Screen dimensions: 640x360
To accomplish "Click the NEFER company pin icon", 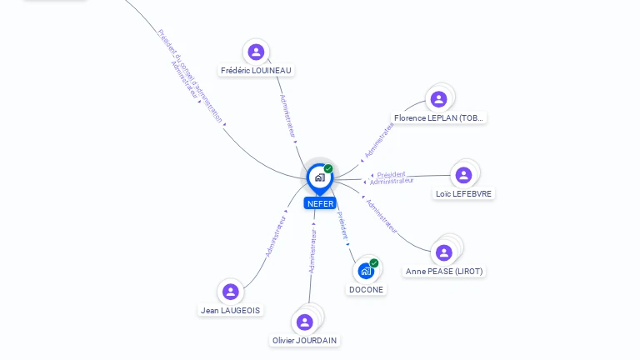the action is pyautogui.click(x=320, y=178).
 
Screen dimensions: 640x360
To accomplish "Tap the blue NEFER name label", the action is pyautogui.click(x=320, y=203).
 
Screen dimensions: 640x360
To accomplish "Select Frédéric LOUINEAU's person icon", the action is pyautogui.click(x=256, y=52).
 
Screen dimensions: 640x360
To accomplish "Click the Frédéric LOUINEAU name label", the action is pyautogui.click(x=256, y=71).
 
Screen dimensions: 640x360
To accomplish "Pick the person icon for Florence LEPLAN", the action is pyautogui.click(x=439, y=99).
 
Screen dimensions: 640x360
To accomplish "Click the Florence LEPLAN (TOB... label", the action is pyautogui.click(x=438, y=118).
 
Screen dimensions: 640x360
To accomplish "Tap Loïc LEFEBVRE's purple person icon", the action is pyautogui.click(x=463, y=175).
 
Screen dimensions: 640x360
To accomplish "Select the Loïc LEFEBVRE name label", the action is pyautogui.click(x=463, y=194).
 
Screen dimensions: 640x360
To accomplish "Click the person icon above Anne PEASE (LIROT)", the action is pyautogui.click(x=443, y=252).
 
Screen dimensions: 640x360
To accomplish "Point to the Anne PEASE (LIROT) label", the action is pyautogui.click(x=444, y=272).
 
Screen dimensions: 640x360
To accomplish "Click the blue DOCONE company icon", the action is pyautogui.click(x=366, y=271).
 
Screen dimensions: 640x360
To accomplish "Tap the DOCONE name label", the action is pyautogui.click(x=366, y=290).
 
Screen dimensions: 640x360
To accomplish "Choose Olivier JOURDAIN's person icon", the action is pyautogui.click(x=304, y=322).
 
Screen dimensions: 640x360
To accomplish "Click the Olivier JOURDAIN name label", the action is pyautogui.click(x=304, y=340).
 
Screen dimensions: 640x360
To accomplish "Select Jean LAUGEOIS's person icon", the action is pyautogui.click(x=231, y=292).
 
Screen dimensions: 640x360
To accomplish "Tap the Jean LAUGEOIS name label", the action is pyautogui.click(x=230, y=311).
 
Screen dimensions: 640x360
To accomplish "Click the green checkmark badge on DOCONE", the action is pyautogui.click(x=374, y=262).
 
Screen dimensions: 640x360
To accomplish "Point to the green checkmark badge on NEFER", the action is pyautogui.click(x=328, y=168).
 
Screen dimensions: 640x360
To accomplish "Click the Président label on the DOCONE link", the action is pyautogui.click(x=342, y=225).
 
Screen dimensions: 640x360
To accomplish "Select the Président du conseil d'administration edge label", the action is pyautogui.click(x=190, y=76).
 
